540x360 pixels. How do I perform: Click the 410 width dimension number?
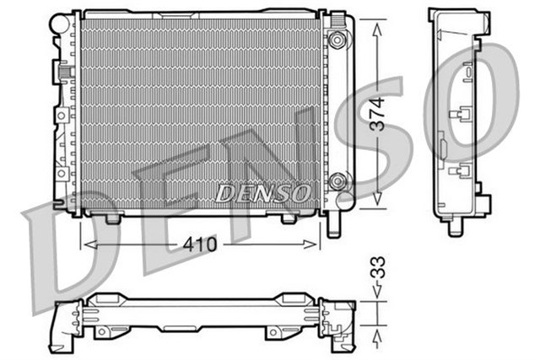[200, 244]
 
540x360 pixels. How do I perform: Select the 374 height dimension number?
[378, 114]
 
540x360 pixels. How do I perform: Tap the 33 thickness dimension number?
[379, 274]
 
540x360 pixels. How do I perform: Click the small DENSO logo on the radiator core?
[262, 193]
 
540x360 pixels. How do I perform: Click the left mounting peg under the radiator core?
[111, 219]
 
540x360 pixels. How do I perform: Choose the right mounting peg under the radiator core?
[286, 219]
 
